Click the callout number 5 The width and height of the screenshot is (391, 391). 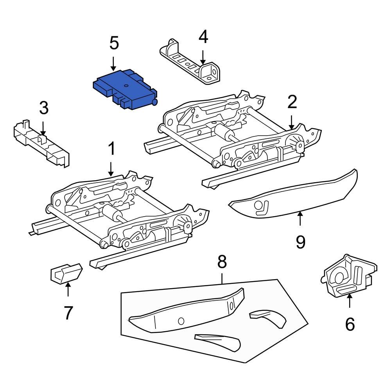pyautogui.click(x=114, y=43)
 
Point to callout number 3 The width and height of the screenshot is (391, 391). pyautogui.click(x=44, y=108)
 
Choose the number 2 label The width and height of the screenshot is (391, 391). pyautogui.click(x=292, y=102)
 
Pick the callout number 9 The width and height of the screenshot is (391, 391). pyautogui.click(x=300, y=242)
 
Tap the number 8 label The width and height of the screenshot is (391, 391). pyautogui.click(x=222, y=262)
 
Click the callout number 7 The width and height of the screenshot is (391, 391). pyautogui.click(x=68, y=312)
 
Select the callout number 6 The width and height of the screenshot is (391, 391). pyautogui.click(x=350, y=324)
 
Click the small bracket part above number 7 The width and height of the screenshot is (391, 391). pyautogui.click(x=66, y=272)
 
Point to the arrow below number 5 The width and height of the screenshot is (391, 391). pyautogui.click(x=113, y=63)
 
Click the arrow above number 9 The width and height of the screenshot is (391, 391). pyautogui.click(x=300, y=219)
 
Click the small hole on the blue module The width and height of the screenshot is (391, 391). pyautogui.click(x=126, y=85)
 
